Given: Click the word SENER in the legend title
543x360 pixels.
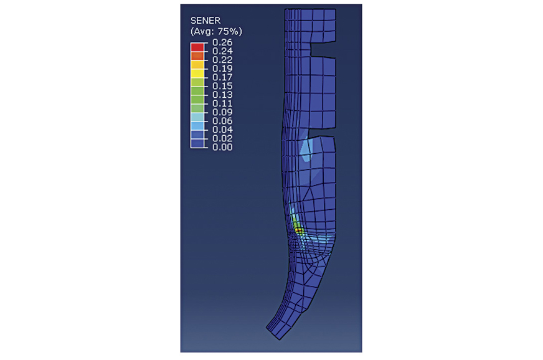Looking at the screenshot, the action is coord(205,21).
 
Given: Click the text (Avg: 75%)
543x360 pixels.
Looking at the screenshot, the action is coord(216,32).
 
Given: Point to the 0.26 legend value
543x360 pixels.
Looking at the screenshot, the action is coord(222,42).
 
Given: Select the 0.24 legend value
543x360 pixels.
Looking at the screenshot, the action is coord(222,51).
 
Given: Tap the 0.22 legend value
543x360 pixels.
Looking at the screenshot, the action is coord(222,60).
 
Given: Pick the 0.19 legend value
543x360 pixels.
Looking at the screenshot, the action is coord(222,69).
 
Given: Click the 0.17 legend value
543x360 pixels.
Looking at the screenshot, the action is coord(222,77).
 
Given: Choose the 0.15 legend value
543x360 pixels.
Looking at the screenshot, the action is coord(222,86).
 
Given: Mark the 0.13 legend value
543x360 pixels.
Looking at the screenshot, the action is coord(222,95).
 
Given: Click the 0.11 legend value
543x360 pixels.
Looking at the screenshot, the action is coord(222,103).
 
